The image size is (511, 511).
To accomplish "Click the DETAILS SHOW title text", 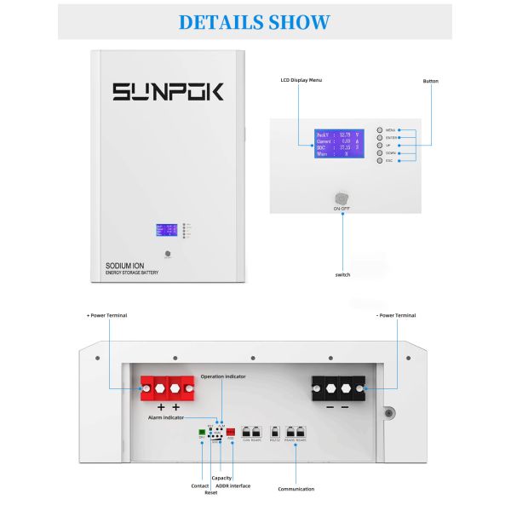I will click(255, 21).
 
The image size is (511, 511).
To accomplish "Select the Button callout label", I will click(430, 81).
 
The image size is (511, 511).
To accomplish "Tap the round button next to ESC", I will click(380, 160).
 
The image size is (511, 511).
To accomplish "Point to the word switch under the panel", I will click(342, 274).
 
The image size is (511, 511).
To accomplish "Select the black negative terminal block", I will click(338, 388).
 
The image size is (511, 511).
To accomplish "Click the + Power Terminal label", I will click(106, 315).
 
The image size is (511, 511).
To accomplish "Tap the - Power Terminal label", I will click(396, 315).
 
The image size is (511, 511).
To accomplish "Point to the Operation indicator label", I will click(224, 376).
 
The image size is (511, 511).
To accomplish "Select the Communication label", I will click(296, 489).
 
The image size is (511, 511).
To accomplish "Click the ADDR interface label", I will click(233, 485).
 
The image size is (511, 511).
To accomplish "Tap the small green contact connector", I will click(201, 433).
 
